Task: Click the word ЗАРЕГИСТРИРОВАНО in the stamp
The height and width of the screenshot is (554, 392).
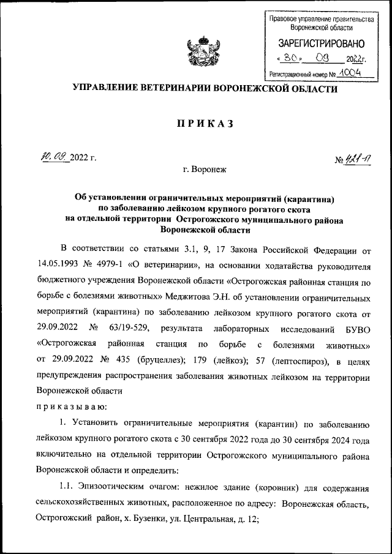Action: [322, 44]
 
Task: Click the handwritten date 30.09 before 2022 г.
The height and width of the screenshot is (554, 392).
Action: [54, 157]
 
